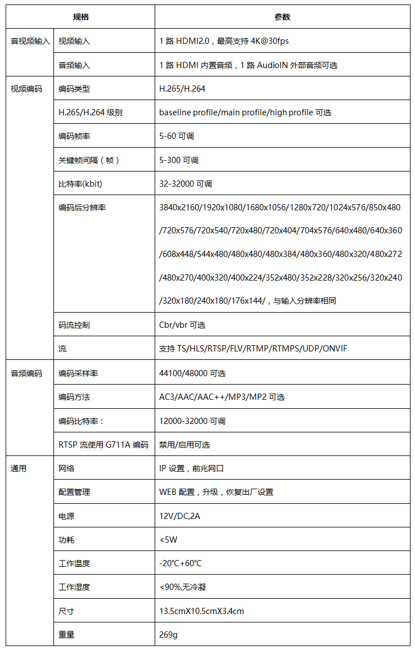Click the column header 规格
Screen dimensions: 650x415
tap(81, 17)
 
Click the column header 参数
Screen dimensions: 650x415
tap(282, 17)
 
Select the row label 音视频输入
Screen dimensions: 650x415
tap(30, 41)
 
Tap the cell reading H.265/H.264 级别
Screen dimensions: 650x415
tap(91, 112)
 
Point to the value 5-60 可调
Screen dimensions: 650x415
tap(177, 136)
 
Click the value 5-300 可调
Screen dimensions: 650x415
tap(179, 160)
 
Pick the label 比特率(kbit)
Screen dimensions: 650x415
tap(80, 184)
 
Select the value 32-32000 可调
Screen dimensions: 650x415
tap(186, 184)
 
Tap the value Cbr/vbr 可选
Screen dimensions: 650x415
tap(182, 325)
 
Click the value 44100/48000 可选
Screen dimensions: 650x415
tap(192, 373)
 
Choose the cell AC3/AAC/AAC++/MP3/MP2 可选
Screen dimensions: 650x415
tap(222, 397)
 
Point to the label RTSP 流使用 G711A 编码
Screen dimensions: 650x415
tap(103, 445)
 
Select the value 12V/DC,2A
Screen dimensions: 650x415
tap(179, 516)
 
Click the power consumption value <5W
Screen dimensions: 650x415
tap(168, 540)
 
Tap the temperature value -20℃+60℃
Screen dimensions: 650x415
tap(181, 563)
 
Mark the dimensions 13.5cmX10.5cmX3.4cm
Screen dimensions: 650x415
tap(201, 611)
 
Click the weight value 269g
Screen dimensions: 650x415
tap(168, 635)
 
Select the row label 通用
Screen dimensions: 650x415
tap(19, 468)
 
